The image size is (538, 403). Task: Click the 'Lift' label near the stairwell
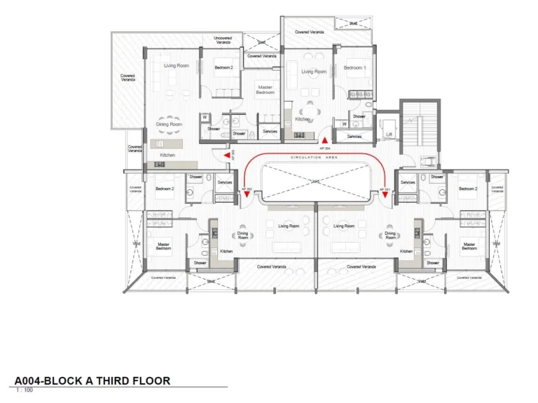click(x=389, y=135)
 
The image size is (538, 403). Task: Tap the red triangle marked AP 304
click(x=324, y=140)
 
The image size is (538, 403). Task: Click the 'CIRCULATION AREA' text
click(x=315, y=158)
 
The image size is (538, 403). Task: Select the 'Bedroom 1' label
click(x=354, y=68)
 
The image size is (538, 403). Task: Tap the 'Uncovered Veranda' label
click(x=223, y=40)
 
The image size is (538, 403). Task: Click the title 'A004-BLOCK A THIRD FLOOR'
click(x=92, y=381)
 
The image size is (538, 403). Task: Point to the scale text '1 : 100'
click(x=24, y=390)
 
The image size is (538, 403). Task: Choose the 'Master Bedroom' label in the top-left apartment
click(x=265, y=90)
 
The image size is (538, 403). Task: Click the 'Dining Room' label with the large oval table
click(x=169, y=124)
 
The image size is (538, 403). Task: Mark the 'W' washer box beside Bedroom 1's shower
click(x=344, y=124)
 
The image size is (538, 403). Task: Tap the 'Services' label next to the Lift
click(x=354, y=137)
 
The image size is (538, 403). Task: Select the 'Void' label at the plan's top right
click(x=353, y=23)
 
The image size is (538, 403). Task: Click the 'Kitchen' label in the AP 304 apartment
click(x=302, y=119)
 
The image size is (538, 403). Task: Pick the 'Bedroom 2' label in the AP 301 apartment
click(x=468, y=189)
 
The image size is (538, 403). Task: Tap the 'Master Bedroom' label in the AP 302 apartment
click(x=163, y=246)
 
